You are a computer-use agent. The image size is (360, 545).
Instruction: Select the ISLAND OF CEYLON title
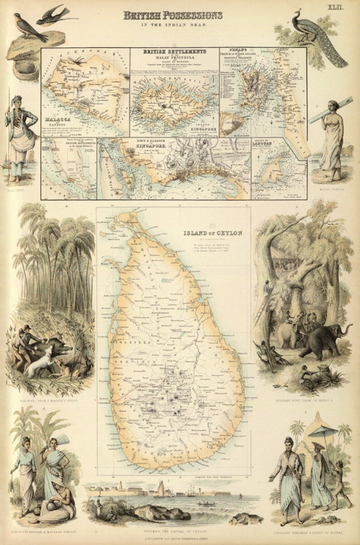[213, 233]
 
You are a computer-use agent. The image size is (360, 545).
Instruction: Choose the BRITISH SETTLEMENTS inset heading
[175, 52]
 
